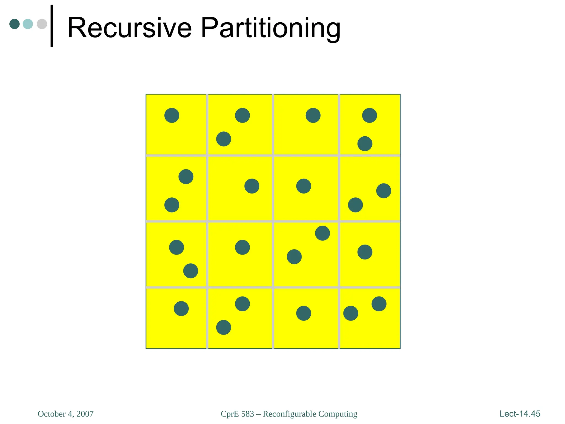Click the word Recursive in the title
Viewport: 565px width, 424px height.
tap(129, 28)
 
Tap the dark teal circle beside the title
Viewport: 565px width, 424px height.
tap(15, 24)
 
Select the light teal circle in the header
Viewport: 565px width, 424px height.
tap(28, 24)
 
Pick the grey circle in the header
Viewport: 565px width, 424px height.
tap(42, 24)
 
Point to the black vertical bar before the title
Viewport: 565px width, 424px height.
tap(52, 26)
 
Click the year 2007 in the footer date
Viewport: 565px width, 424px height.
tap(85, 414)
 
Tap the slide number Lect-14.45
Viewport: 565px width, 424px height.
tap(520, 414)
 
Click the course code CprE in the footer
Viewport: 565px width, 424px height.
tap(230, 414)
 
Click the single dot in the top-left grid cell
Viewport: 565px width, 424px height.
tap(172, 115)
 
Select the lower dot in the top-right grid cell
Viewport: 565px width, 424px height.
tap(365, 144)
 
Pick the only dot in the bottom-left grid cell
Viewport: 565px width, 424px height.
tap(181, 309)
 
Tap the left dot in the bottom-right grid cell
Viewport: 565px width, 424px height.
tap(351, 313)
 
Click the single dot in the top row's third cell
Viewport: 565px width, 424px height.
tap(313, 115)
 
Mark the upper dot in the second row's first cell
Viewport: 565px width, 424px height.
tap(186, 177)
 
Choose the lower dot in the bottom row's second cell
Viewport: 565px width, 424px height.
tap(223, 327)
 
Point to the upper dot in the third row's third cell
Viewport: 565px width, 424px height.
tap(323, 233)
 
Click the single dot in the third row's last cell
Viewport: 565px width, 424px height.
tap(365, 252)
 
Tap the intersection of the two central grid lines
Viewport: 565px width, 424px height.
tap(273, 221)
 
